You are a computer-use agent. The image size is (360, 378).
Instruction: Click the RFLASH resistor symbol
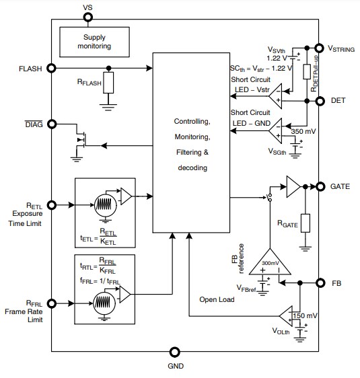pyautogui.click(x=109, y=83)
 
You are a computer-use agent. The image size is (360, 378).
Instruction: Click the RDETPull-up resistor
pyautogui.click(x=306, y=73)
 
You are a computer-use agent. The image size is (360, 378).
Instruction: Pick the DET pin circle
pyautogui.click(x=320, y=101)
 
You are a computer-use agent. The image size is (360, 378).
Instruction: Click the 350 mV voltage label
pyautogui.click(x=302, y=131)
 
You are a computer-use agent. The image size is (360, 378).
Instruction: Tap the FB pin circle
pyautogui.click(x=320, y=283)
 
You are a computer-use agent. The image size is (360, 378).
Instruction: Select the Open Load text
pyautogui.click(x=217, y=299)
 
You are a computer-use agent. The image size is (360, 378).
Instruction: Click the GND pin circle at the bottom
pyautogui.click(x=175, y=351)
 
